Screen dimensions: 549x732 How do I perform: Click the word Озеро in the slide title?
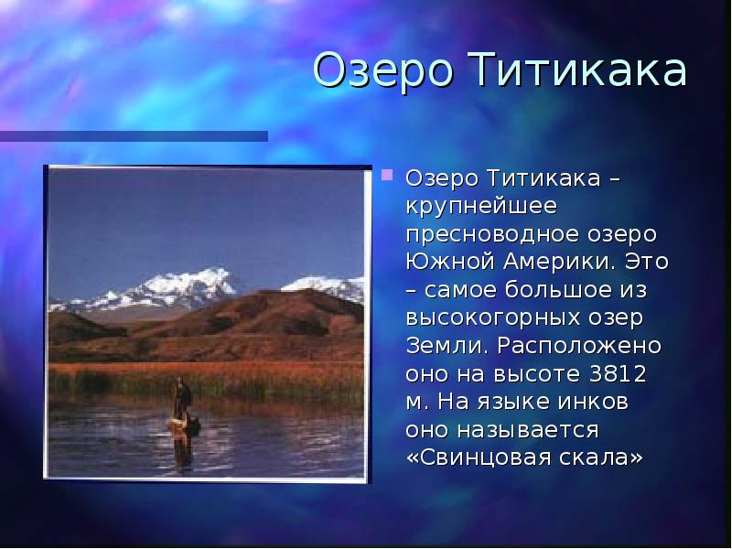382,71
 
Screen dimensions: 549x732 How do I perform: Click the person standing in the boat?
183,399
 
